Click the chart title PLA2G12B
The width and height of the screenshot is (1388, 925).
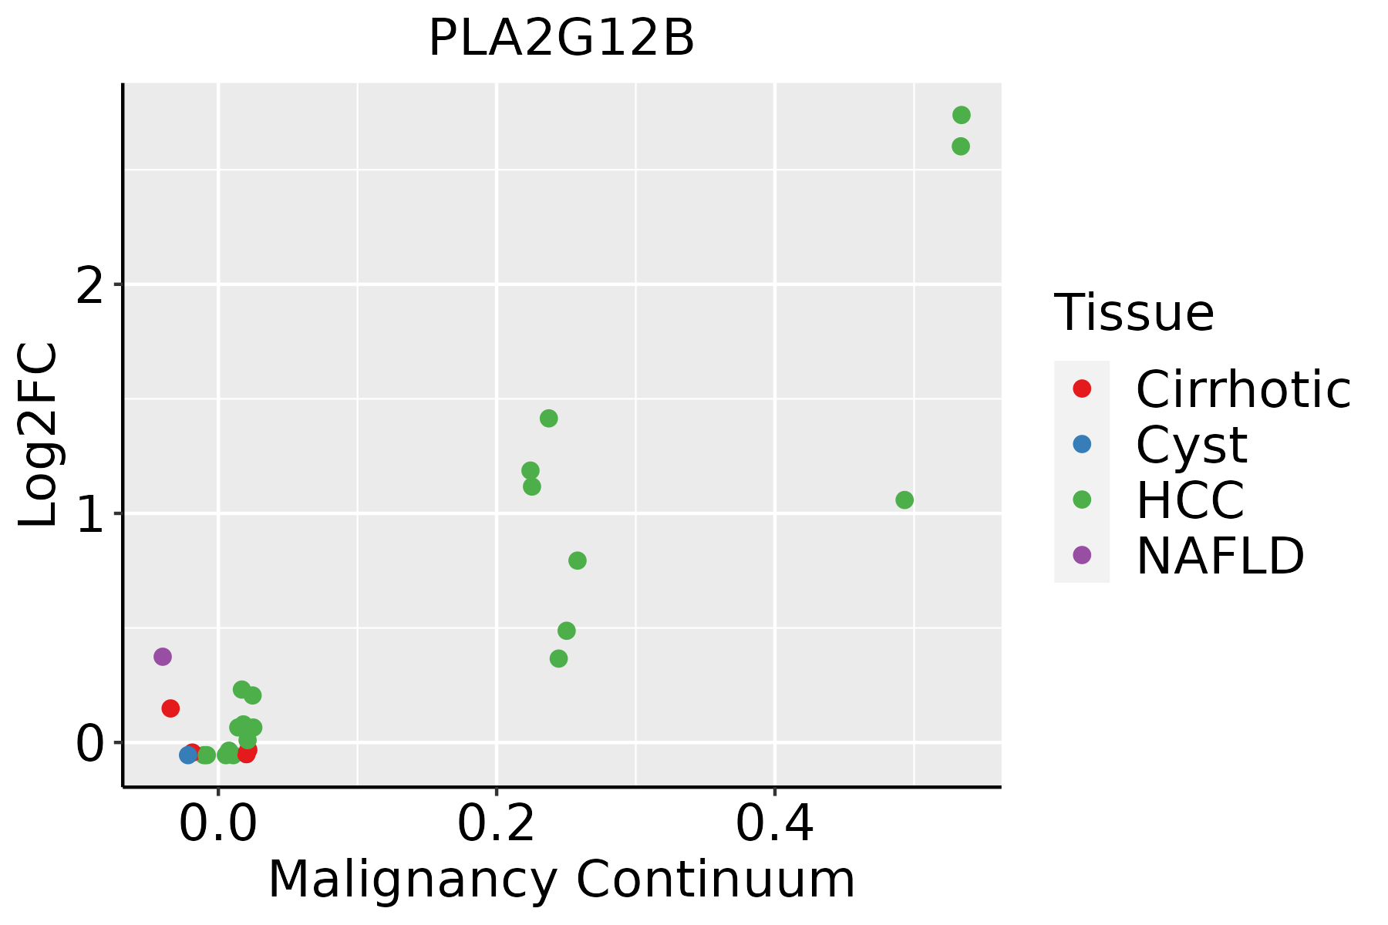tap(561, 39)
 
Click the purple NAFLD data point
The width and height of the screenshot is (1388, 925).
tap(162, 657)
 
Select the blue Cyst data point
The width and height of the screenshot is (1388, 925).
tap(188, 755)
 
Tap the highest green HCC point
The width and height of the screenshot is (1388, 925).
tap(961, 115)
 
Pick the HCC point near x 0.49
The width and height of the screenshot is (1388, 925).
tap(905, 500)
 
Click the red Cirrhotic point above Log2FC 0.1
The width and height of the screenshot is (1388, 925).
tap(170, 708)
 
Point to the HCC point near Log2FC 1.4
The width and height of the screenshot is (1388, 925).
tap(549, 419)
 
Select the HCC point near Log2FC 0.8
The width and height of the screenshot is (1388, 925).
tap(578, 560)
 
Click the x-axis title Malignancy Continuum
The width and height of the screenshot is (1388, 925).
tap(561, 880)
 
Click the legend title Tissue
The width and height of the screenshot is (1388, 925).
tap(1134, 313)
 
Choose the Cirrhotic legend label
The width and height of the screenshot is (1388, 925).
tap(1243, 389)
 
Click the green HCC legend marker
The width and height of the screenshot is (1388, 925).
tap(1082, 499)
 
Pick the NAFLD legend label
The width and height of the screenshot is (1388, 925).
tap(1220, 555)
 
